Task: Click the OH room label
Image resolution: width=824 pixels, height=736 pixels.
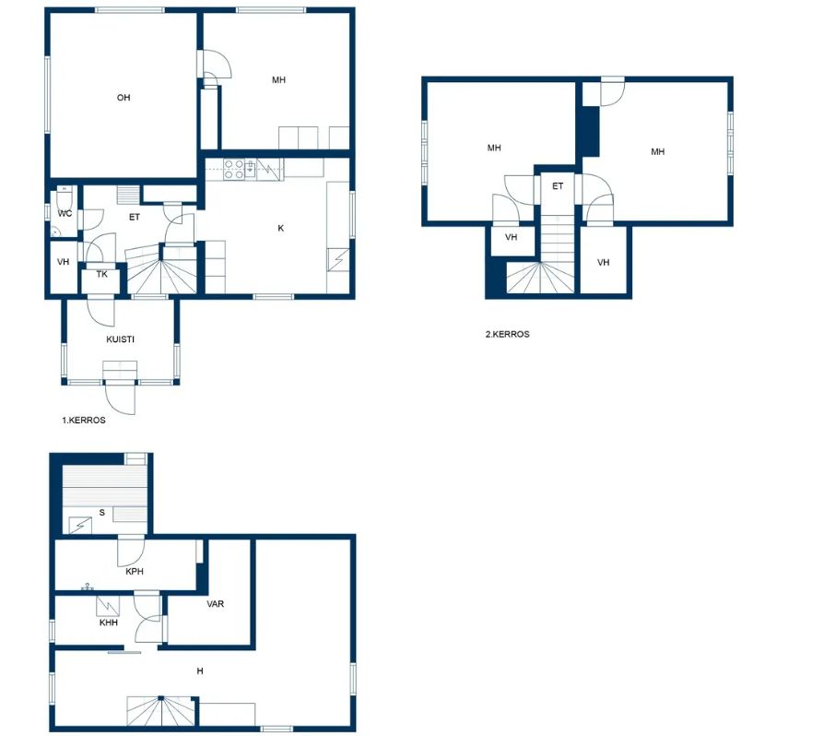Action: click(x=124, y=97)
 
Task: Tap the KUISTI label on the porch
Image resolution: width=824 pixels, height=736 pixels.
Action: click(x=121, y=339)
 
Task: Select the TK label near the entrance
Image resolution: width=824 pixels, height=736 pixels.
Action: click(x=102, y=274)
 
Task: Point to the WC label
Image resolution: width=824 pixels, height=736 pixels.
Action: click(x=65, y=213)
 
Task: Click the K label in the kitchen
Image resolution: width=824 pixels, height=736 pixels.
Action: click(x=280, y=228)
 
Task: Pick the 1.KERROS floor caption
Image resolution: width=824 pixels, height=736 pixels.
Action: click(x=84, y=420)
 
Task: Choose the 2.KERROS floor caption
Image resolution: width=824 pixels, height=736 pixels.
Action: click(x=507, y=334)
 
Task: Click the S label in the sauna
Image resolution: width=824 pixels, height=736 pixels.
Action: click(x=102, y=512)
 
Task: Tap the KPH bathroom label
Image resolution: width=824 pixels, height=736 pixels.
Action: click(x=135, y=571)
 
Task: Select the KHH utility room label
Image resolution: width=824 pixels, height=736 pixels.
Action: click(x=108, y=623)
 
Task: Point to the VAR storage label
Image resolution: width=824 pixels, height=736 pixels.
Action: click(x=215, y=603)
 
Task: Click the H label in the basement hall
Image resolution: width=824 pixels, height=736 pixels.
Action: click(x=200, y=671)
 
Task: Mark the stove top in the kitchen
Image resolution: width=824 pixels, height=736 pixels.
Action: click(x=233, y=169)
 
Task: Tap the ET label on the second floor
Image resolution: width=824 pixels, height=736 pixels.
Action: click(x=558, y=185)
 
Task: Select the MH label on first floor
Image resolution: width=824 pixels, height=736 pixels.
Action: click(x=278, y=80)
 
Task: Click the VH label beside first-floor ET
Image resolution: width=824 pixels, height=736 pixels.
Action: click(x=63, y=261)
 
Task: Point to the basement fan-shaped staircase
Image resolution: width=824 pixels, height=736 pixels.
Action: click(x=161, y=711)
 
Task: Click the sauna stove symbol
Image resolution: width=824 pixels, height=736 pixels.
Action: click(x=80, y=525)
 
